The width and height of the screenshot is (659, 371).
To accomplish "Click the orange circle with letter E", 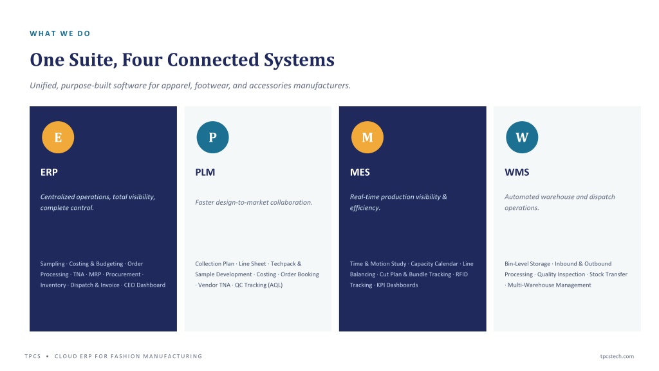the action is coord(58,137).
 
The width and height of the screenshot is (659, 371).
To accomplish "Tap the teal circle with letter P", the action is coord(212,137).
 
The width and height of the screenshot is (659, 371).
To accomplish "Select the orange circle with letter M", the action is coord(367,137).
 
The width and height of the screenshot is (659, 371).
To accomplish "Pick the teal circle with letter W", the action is coord(522,137).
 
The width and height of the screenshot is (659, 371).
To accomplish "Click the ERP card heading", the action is coord(49,172).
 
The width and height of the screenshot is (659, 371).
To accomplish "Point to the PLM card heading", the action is coord(205,172).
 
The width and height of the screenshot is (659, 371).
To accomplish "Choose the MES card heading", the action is coord(360,172).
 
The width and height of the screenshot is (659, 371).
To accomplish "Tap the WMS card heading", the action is coord(517,172).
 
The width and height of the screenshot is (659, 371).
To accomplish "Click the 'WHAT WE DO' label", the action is coord(60,33).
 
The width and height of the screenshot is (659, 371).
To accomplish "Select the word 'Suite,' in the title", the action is coord(93,60).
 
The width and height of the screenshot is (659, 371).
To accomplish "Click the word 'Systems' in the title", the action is coord(299,60).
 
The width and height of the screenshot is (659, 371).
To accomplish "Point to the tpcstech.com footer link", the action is coord(617,356).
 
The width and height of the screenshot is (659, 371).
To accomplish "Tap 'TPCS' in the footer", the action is coord(33,356).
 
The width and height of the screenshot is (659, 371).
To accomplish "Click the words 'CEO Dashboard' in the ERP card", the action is coord(145,285).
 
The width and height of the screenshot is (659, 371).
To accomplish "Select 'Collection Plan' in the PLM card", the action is coord(215,263).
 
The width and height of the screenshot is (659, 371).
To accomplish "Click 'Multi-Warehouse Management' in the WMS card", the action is coord(550,285).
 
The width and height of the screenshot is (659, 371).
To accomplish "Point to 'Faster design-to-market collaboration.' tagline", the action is coord(254,202).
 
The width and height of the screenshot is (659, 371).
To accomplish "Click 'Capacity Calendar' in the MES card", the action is coord(434,263).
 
